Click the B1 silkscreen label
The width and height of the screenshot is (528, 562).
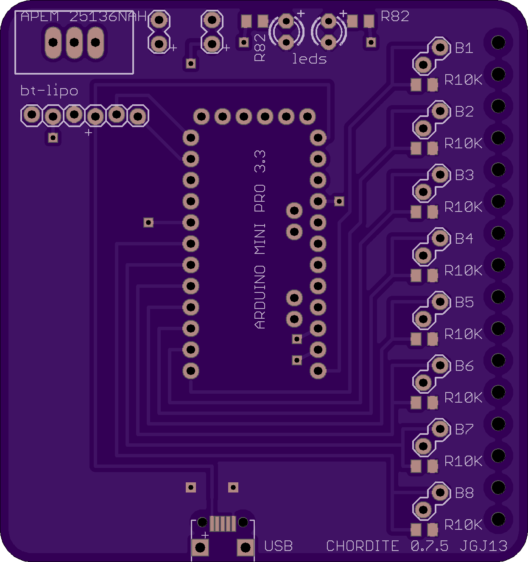click(464, 48)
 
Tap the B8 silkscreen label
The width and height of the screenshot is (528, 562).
click(464, 493)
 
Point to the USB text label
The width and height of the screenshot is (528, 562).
click(279, 546)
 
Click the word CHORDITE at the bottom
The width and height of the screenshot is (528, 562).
click(363, 546)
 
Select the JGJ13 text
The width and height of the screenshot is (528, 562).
click(483, 546)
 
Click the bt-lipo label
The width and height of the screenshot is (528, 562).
click(49, 91)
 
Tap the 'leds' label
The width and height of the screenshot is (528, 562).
click(309, 59)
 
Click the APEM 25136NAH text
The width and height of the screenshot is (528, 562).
click(84, 17)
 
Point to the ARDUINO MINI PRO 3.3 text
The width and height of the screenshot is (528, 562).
click(260, 240)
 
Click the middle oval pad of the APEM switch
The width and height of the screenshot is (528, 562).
click(74, 42)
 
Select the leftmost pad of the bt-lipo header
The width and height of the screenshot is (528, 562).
click(32, 115)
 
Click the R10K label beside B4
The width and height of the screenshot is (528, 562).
click(463, 270)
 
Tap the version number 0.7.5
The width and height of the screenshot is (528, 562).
click(430, 546)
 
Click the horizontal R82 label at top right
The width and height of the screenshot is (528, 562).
click(395, 17)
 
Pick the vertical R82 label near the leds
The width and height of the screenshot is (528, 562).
click(260, 47)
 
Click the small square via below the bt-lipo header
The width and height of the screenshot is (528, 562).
click(53, 138)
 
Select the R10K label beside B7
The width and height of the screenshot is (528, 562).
click(463, 461)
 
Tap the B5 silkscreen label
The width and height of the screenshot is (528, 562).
click(464, 303)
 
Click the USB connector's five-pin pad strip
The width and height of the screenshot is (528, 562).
click(223, 524)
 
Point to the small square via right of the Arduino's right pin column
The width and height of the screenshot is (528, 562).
click(339, 201)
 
